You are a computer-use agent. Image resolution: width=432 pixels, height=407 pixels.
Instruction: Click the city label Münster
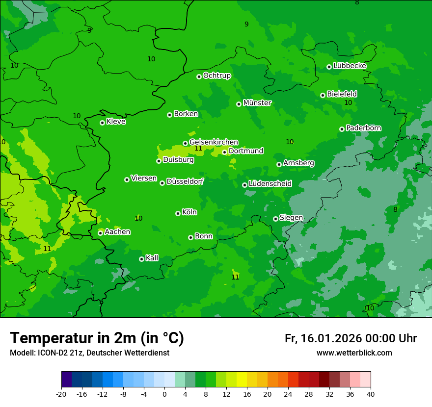(257, 103)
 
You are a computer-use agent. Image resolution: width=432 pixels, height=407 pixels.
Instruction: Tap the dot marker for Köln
(178, 213)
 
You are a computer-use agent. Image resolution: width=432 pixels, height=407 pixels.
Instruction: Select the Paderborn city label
(364, 128)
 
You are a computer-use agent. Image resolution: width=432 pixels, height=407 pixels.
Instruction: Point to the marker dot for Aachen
(100, 233)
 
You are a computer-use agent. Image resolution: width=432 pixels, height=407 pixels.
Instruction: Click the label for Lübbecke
(350, 66)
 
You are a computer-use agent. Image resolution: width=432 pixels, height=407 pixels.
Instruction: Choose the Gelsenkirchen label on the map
(214, 142)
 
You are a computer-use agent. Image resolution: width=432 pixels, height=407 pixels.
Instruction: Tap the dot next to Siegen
(275, 219)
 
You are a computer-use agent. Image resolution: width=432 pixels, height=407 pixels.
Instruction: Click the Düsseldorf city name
(185, 182)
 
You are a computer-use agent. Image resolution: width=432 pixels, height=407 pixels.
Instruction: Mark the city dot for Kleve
(102, 123)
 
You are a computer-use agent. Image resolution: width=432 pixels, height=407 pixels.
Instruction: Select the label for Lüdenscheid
(270, 184)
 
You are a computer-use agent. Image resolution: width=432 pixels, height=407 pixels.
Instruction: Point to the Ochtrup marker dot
(199, 76)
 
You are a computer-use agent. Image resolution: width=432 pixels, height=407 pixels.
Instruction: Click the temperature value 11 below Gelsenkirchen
(198, 149)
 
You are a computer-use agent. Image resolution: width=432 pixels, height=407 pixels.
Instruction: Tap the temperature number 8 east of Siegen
(395, 210)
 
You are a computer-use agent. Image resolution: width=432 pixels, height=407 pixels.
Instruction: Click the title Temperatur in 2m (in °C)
(97, 338)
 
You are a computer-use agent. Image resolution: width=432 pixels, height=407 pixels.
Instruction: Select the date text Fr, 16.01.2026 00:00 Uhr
(351, 338)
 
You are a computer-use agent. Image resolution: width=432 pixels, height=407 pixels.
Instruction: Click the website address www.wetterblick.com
(354, 353)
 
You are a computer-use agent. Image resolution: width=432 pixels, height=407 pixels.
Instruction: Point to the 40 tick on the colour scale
(371, 394)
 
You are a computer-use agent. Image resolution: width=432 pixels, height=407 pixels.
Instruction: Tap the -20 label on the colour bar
(61, 394)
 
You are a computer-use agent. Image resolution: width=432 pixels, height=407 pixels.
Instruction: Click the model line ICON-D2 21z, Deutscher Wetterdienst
(89, 353)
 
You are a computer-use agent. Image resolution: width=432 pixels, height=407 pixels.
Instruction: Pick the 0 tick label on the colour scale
(164, 394)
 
